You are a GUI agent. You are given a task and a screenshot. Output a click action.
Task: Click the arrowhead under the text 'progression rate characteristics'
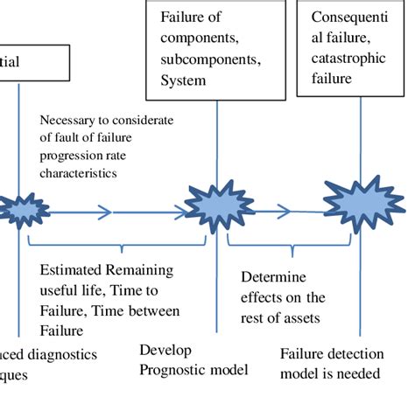tap(106, 211)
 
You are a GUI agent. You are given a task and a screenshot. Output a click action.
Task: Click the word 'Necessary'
tap(68, 120)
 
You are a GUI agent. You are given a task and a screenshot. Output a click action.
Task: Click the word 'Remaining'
tap(140, 270)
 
